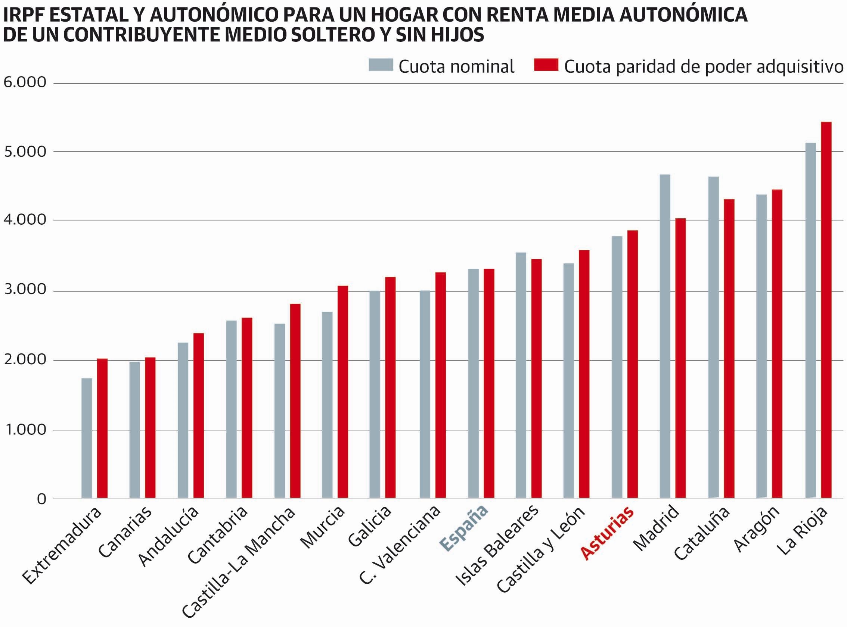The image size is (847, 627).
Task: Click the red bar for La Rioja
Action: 826,309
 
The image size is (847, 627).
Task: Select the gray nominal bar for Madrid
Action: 665,336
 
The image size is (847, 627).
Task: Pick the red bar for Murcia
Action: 342,391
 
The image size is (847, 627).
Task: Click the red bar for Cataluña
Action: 729,348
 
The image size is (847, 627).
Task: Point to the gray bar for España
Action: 473,383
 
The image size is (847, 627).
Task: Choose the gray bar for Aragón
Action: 761,346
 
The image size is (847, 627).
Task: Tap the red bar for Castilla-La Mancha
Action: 295,400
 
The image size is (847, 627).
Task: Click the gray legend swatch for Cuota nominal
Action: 381,65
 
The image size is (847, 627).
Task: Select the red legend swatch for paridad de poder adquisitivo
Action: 546,65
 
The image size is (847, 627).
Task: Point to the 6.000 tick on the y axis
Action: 25,82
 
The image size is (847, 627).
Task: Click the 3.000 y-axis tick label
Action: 25,290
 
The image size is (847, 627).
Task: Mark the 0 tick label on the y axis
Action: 41,499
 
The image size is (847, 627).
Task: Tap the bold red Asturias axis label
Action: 607,534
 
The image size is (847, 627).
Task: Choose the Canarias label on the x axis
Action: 125,532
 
